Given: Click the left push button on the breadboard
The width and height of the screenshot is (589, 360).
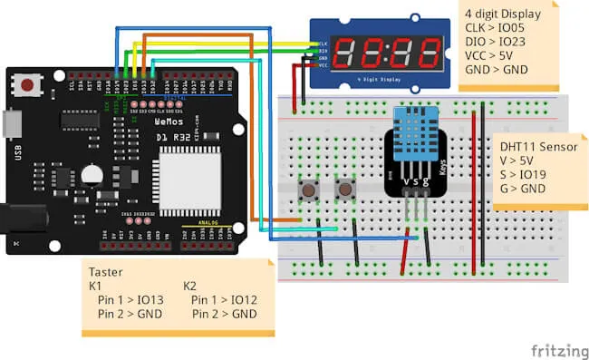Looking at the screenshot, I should (x=310, y=190).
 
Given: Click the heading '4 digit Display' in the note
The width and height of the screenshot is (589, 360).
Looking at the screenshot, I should (x=503, y=14).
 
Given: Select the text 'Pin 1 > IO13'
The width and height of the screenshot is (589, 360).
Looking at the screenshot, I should (x=130, y=300).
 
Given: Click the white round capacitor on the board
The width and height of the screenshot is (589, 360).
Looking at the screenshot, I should (x=92, y=176).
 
